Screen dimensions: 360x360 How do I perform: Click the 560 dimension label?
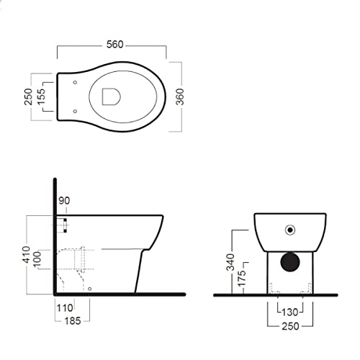tap(115, 45)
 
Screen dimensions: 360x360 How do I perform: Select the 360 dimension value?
tap(180, 96)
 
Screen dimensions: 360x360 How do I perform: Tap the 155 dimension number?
tap(41, 96)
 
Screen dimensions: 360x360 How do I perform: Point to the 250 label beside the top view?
tap(28, 96)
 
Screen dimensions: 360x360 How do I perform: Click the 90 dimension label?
tap(64, 201)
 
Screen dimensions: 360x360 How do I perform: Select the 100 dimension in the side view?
tap(37, 259)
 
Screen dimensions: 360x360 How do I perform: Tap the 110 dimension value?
tap(65, 308)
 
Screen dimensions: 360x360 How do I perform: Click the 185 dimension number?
tap(73, 321)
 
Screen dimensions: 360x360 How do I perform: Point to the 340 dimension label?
tap(230, 262)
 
